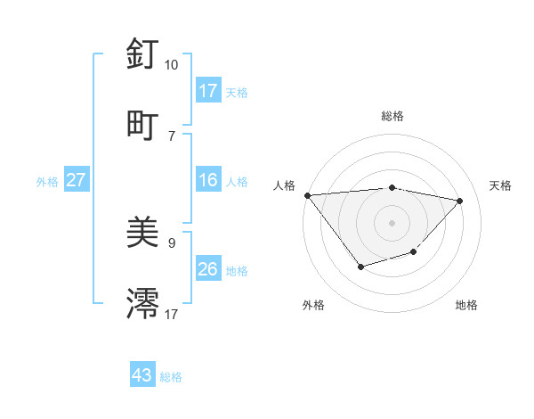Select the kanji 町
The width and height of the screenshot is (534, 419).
[142, 125]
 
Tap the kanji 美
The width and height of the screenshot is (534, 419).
[142, 233]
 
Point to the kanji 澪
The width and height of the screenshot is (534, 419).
[142, 303]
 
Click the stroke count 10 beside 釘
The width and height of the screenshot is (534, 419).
[171, 65]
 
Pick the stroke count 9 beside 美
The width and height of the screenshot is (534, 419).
[172, 242]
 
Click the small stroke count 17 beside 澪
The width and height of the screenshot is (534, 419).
[172, 314]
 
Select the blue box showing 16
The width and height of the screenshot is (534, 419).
[207, 180]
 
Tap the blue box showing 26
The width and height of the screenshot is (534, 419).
[207, 269]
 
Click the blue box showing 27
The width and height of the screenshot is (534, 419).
[76, 180]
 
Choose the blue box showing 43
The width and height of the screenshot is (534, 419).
[142, 375]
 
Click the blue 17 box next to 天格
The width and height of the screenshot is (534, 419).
[207, 91]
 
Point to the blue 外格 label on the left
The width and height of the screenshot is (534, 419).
[47, 181]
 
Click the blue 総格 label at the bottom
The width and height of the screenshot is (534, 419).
[171, 377]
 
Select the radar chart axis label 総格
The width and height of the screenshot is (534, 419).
[392, 116]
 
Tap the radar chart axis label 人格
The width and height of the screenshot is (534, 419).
[285, 185]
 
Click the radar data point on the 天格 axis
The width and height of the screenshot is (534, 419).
[460, 201]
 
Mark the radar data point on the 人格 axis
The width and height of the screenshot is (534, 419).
[307, 194]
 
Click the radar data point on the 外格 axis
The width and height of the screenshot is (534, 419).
[360, 266]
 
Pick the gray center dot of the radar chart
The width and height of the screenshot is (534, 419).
[392, 222]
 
